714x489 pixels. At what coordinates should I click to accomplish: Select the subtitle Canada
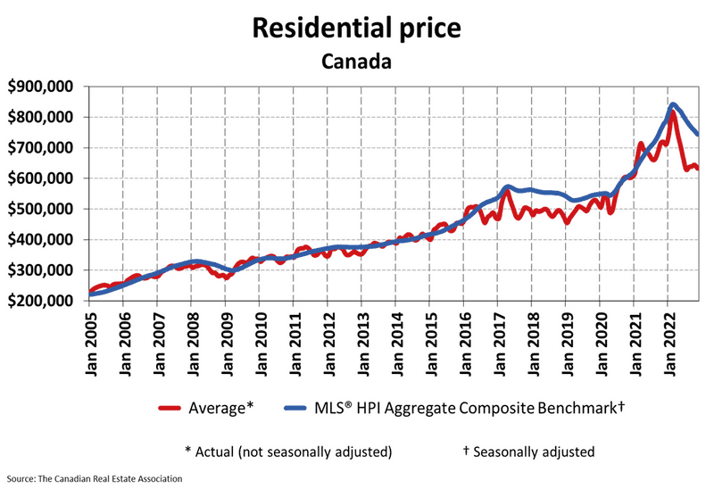(x=357, y=62)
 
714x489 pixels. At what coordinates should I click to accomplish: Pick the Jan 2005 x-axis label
(x=90, y=344)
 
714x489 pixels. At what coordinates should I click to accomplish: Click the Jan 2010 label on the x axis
(x=260, y=344)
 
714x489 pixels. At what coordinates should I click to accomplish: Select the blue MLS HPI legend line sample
(x=296, y=408)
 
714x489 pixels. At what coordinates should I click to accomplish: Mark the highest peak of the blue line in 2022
(x=672, y=104)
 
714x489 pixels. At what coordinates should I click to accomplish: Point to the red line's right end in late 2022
(x=698, y=167)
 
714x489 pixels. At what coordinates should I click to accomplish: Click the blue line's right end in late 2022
(x=698, y=135)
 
